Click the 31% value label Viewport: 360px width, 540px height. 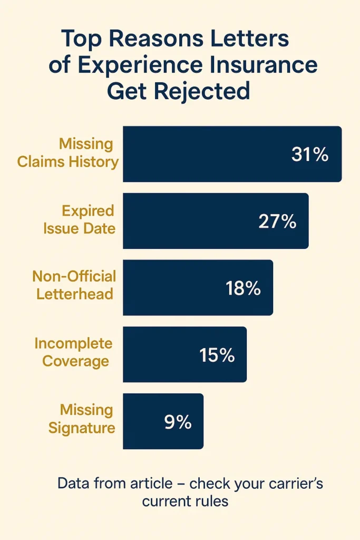click(309, 155)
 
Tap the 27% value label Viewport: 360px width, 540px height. click(277, 221)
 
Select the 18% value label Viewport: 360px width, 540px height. click(243, 288)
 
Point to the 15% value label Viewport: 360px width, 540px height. click(217, 355)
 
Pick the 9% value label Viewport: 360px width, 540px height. click(178, 422)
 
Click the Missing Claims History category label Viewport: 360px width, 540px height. click(68, 152)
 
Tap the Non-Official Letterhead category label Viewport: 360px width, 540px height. click(74, 285)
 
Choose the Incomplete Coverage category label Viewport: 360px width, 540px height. click(74, 352)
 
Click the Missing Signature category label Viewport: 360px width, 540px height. click(82, 419)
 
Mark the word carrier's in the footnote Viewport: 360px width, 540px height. click(293, 483)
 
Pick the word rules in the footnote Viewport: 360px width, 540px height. click(213, 500)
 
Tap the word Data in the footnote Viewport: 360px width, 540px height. click(73, 483)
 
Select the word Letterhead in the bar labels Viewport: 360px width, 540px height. click(75, 293)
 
